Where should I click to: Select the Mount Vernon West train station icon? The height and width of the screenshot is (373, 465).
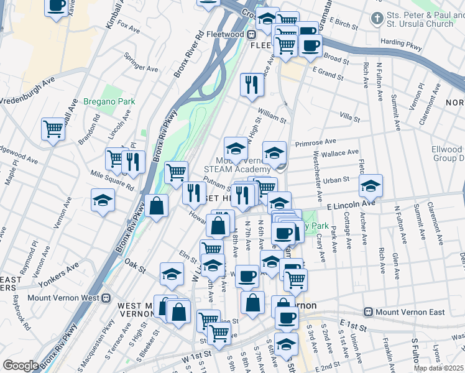click(x=106, y=298)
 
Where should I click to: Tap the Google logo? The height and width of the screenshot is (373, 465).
click(x=21, y=366)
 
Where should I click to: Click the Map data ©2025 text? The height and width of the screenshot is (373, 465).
click(x=438, y=368)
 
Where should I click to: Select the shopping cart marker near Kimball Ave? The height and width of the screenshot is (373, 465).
click(x=53, y=129)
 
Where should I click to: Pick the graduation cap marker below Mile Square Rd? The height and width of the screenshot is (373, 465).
click(x=103, y=200)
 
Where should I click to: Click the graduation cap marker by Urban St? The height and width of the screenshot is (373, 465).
click(x=371, y=185)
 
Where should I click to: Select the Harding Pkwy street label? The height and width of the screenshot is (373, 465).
click(x=401, y=42)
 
